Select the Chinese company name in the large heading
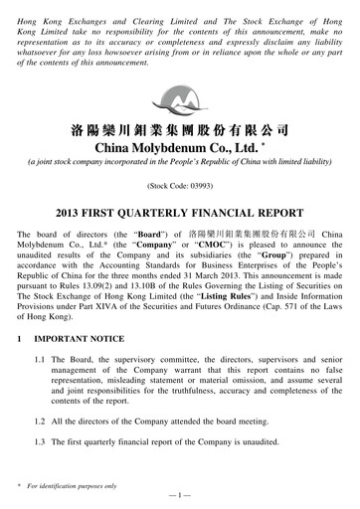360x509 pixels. (x=179, y=128)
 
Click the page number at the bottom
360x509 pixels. (x=180, y=494)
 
